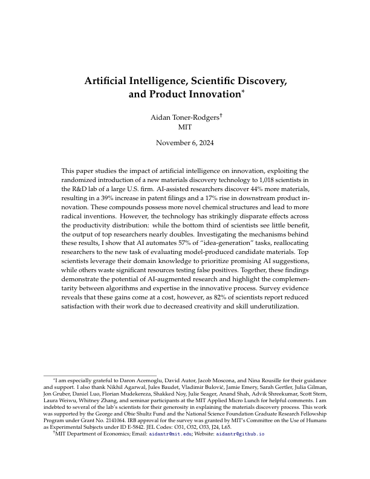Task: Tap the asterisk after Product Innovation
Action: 243,92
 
